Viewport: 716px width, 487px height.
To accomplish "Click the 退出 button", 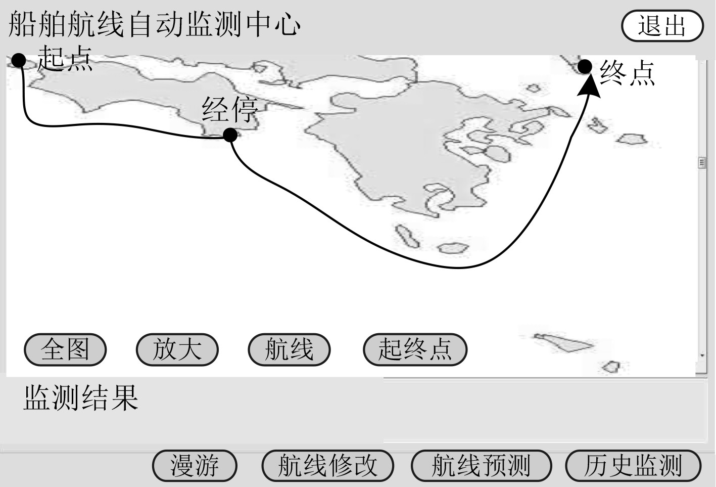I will (662, 26).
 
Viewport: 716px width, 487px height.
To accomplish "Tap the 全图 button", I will (65, 349).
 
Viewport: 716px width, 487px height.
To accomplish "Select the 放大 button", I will (177, 349).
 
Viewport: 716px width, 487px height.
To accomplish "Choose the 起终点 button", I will (415, 349).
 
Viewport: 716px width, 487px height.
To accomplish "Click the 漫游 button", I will (195, 466).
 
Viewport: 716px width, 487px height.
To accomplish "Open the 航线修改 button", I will (327, 466).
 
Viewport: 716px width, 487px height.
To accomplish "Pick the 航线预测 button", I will (481, 466).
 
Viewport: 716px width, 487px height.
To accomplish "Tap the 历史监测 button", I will (633, 466).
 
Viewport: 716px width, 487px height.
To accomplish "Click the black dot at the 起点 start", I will (19, 61).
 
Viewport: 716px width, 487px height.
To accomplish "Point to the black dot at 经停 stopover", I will (230, 135).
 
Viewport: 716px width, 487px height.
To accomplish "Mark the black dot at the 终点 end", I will (585, 66).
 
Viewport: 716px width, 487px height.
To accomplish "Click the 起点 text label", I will (65, 58).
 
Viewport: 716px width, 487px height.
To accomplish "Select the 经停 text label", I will (230, 109).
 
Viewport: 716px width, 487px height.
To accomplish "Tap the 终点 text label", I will (628, 73).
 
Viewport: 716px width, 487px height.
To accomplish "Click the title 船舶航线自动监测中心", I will (155, 24).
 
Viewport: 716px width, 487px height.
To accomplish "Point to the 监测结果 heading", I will (81, 397).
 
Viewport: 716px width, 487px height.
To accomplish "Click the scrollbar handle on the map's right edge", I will (702, 162).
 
